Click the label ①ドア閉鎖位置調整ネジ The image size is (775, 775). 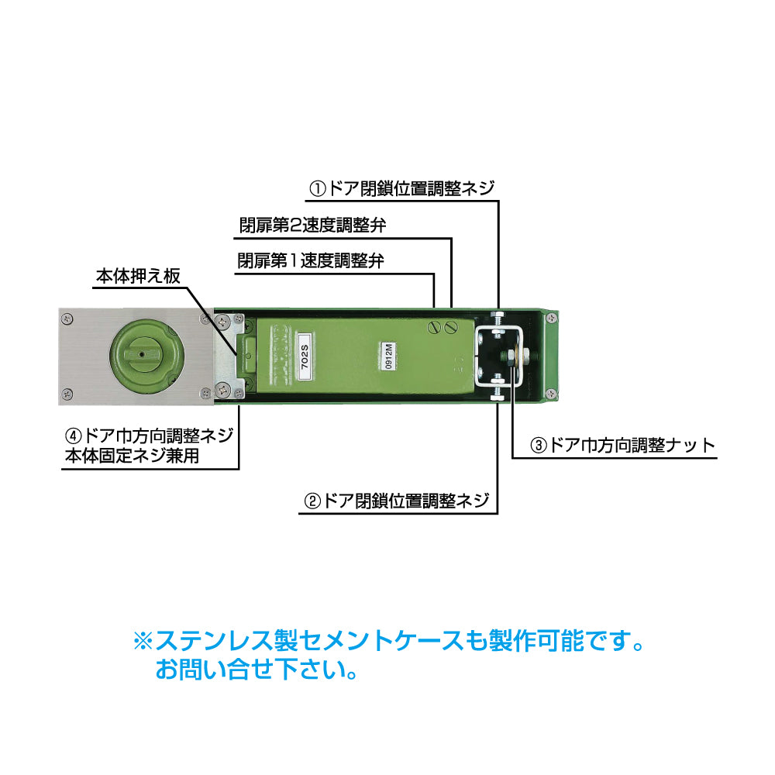click(x=401, y=188)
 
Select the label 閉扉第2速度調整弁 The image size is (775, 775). click(x=312, y=226)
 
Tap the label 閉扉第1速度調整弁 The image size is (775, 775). click(x=311, y=260)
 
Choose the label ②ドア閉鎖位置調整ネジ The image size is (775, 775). click(x=398, y=500)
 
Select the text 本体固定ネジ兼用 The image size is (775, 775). click(x=133, y=456)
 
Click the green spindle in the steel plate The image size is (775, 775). click(x=146, y=356)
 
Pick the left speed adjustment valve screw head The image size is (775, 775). click(x=435, y=326)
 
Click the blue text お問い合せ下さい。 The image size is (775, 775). click(x=257, y=669)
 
